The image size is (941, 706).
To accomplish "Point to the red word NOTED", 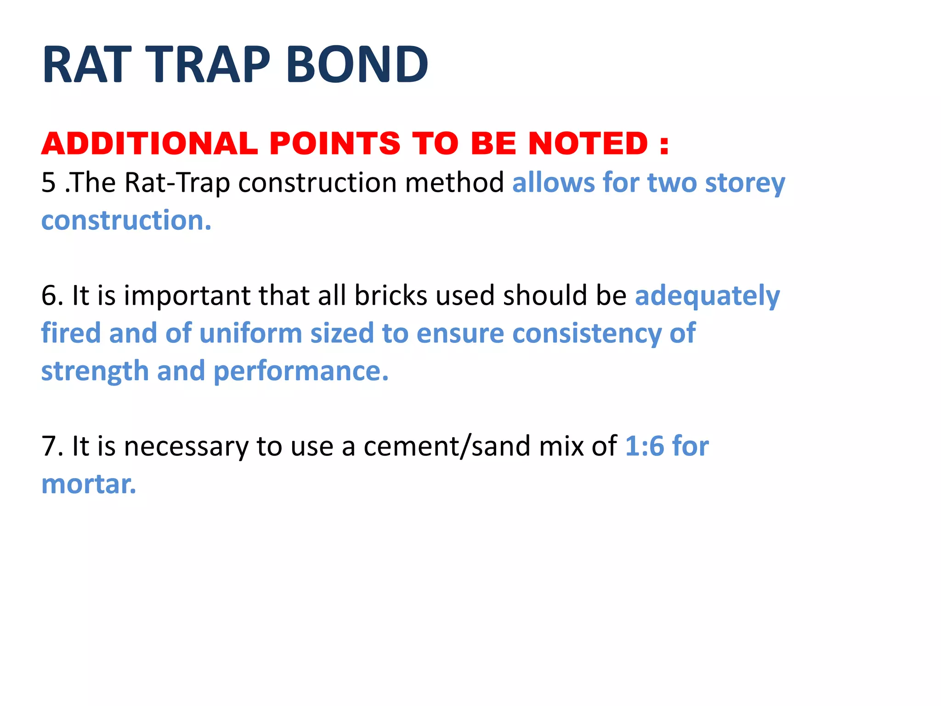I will click(x=588, y=143).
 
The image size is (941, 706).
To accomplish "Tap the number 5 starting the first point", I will click(x=48, y=182).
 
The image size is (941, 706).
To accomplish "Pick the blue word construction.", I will click(x=126, y=221).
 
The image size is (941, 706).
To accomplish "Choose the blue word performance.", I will click(x=301, y=371).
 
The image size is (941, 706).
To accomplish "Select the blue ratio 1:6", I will click(x=645, y=446).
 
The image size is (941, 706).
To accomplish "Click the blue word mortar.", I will click(x=89, y=484).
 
